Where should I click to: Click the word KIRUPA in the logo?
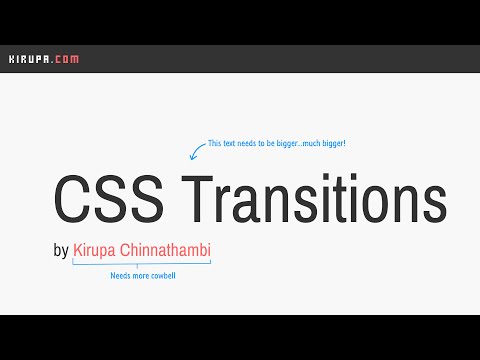(x=26, y=59)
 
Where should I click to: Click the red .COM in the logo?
(x=62, y=59)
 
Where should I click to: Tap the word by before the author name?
(x=61, y=250)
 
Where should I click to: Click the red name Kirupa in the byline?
(x=97, y=249)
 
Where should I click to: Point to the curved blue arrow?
(x=196, y=150)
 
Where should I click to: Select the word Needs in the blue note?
(x=119, y=275)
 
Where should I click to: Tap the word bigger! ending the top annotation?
(x=330, y=144)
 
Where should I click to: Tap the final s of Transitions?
(x=433, y=204)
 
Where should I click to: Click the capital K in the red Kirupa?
(x=78, y=249)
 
